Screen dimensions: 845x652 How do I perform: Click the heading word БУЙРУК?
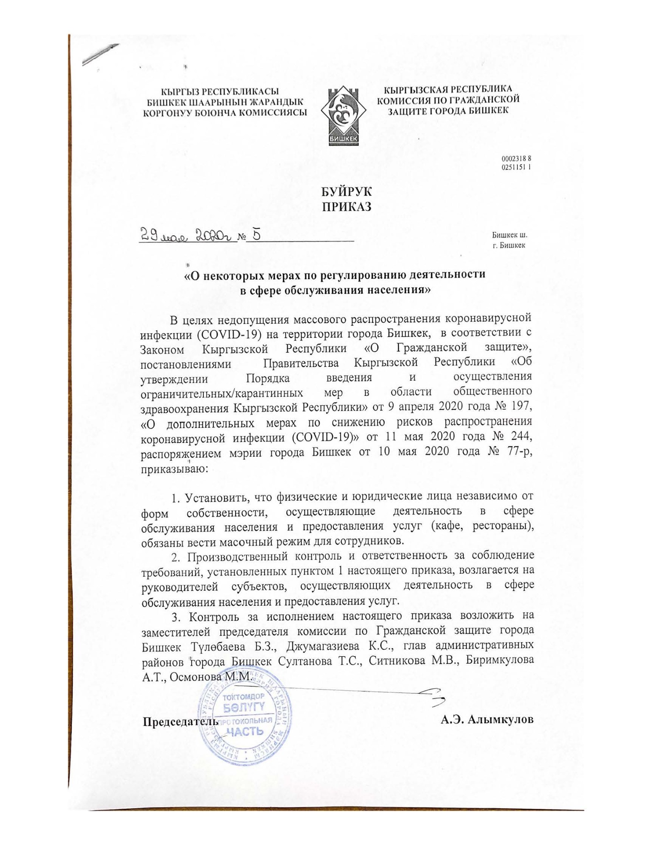point(346,192)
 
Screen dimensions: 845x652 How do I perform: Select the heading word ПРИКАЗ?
point(346,207)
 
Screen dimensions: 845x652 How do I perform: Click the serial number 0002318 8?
point(516,159)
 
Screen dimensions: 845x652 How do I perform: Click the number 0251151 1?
point(516,167)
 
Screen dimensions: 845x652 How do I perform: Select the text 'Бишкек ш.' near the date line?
point(509,235)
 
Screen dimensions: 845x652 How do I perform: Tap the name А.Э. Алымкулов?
point(487,719)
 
